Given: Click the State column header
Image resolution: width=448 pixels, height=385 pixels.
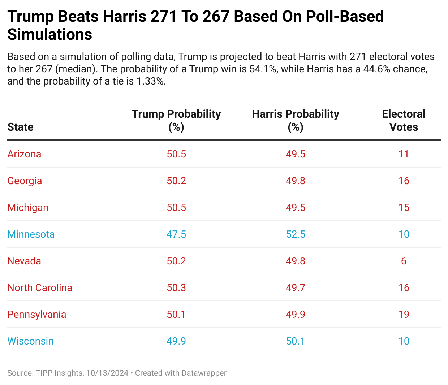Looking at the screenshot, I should click(20, 127).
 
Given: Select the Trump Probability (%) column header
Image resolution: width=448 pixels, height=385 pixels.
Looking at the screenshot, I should click(176, 120).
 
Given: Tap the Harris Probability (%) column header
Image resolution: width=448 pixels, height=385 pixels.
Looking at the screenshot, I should click(296, 120).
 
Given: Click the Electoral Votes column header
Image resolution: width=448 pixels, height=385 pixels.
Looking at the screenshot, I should click(404, 120).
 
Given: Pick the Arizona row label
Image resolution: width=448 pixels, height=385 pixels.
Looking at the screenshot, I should click(24, 154).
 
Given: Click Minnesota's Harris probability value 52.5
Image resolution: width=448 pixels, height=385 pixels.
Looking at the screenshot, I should click(296, 234).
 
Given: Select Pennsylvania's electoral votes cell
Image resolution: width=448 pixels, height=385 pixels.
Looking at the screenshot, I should click(404, 315).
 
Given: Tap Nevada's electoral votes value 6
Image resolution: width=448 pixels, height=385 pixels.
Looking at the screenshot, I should click(404, 261).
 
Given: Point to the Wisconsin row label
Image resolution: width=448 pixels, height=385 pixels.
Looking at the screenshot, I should click(30, 341).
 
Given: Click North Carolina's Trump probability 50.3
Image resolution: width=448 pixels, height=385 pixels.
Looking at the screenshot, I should click(176, 288).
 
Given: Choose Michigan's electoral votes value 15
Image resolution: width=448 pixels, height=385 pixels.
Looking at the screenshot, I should click(404, 208).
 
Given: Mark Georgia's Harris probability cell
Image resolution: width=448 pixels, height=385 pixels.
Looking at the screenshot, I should click(296, 181).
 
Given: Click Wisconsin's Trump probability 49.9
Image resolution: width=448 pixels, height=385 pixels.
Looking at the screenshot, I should click(176, 341).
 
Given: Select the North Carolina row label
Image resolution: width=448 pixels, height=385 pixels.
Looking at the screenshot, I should click(40, 288).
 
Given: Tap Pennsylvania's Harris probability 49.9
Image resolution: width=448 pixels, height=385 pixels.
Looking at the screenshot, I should click(296, 315).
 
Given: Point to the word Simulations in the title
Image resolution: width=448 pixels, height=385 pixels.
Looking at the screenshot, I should click(50, 34).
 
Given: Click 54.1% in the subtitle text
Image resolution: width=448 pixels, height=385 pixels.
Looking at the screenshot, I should click(263, 69).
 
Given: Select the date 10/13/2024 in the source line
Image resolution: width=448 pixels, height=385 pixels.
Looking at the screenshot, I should click(107, 373).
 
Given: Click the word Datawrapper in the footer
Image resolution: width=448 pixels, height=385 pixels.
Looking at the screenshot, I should click(204, 373).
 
